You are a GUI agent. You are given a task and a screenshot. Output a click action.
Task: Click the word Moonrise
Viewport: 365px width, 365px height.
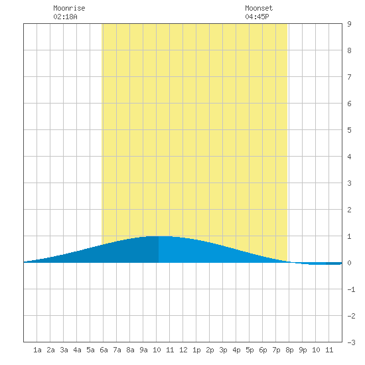(69, 8)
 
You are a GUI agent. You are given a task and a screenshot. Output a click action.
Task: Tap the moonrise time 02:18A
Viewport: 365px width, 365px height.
(65, 17)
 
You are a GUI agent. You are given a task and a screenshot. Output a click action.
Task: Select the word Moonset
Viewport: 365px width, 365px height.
(259, 8)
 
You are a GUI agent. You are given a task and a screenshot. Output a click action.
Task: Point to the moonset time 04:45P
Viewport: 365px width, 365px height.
(257, 17)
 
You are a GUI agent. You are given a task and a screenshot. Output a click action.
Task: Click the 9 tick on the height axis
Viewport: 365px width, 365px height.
(349, 24)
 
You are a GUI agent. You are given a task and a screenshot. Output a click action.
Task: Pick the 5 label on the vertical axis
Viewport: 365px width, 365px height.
(349, 130)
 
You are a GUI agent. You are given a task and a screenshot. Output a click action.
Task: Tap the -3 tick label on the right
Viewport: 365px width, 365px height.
(351, 342)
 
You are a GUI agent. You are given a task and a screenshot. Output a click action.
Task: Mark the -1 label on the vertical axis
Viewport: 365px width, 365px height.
(351, 289)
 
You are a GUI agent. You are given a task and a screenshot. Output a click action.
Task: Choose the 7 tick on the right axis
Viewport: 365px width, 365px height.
(349, 77)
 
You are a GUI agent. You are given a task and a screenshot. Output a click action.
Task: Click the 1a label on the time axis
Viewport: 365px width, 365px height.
(37, 350)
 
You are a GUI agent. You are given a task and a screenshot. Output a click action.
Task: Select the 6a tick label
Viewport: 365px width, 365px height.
(104, 350)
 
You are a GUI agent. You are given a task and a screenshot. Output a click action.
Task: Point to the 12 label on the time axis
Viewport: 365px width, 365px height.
(183, 350)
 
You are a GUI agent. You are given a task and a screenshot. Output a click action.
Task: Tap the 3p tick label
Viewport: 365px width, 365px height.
(223, 350)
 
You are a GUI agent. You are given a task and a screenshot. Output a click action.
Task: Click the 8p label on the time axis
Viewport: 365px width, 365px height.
(289, 350)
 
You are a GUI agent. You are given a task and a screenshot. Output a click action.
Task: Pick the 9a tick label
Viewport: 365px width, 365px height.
(143, 350)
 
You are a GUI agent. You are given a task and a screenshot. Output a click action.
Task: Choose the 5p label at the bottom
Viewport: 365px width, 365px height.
(250, 350)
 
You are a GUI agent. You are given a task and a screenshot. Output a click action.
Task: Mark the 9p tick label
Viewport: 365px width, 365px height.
(303, 350)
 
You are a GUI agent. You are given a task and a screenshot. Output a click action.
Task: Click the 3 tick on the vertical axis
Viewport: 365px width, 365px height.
(349, 183)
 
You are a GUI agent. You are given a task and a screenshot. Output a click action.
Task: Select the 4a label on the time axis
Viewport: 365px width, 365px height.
(77, 350)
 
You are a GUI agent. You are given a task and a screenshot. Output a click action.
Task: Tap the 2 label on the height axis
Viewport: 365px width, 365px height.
(349, 210)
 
